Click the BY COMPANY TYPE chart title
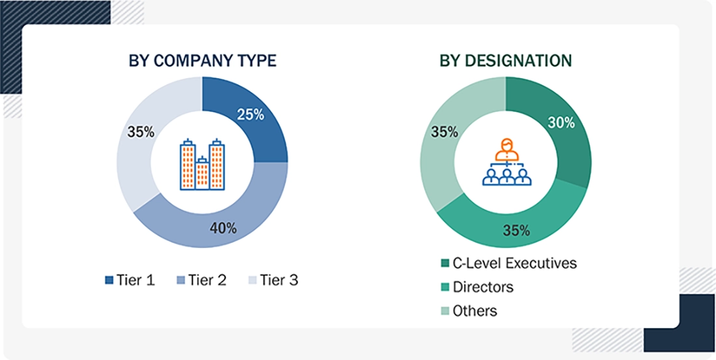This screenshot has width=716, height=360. (202, 61)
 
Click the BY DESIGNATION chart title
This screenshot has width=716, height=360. (506, 61)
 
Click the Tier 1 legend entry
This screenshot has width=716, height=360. (130, 281)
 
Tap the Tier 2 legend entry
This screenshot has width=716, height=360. (202, 281)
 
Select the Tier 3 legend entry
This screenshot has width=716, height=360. (273, 281)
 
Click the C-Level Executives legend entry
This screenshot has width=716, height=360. (508, 263)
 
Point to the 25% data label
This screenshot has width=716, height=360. (251, 115)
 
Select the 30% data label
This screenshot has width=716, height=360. (561, 122)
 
